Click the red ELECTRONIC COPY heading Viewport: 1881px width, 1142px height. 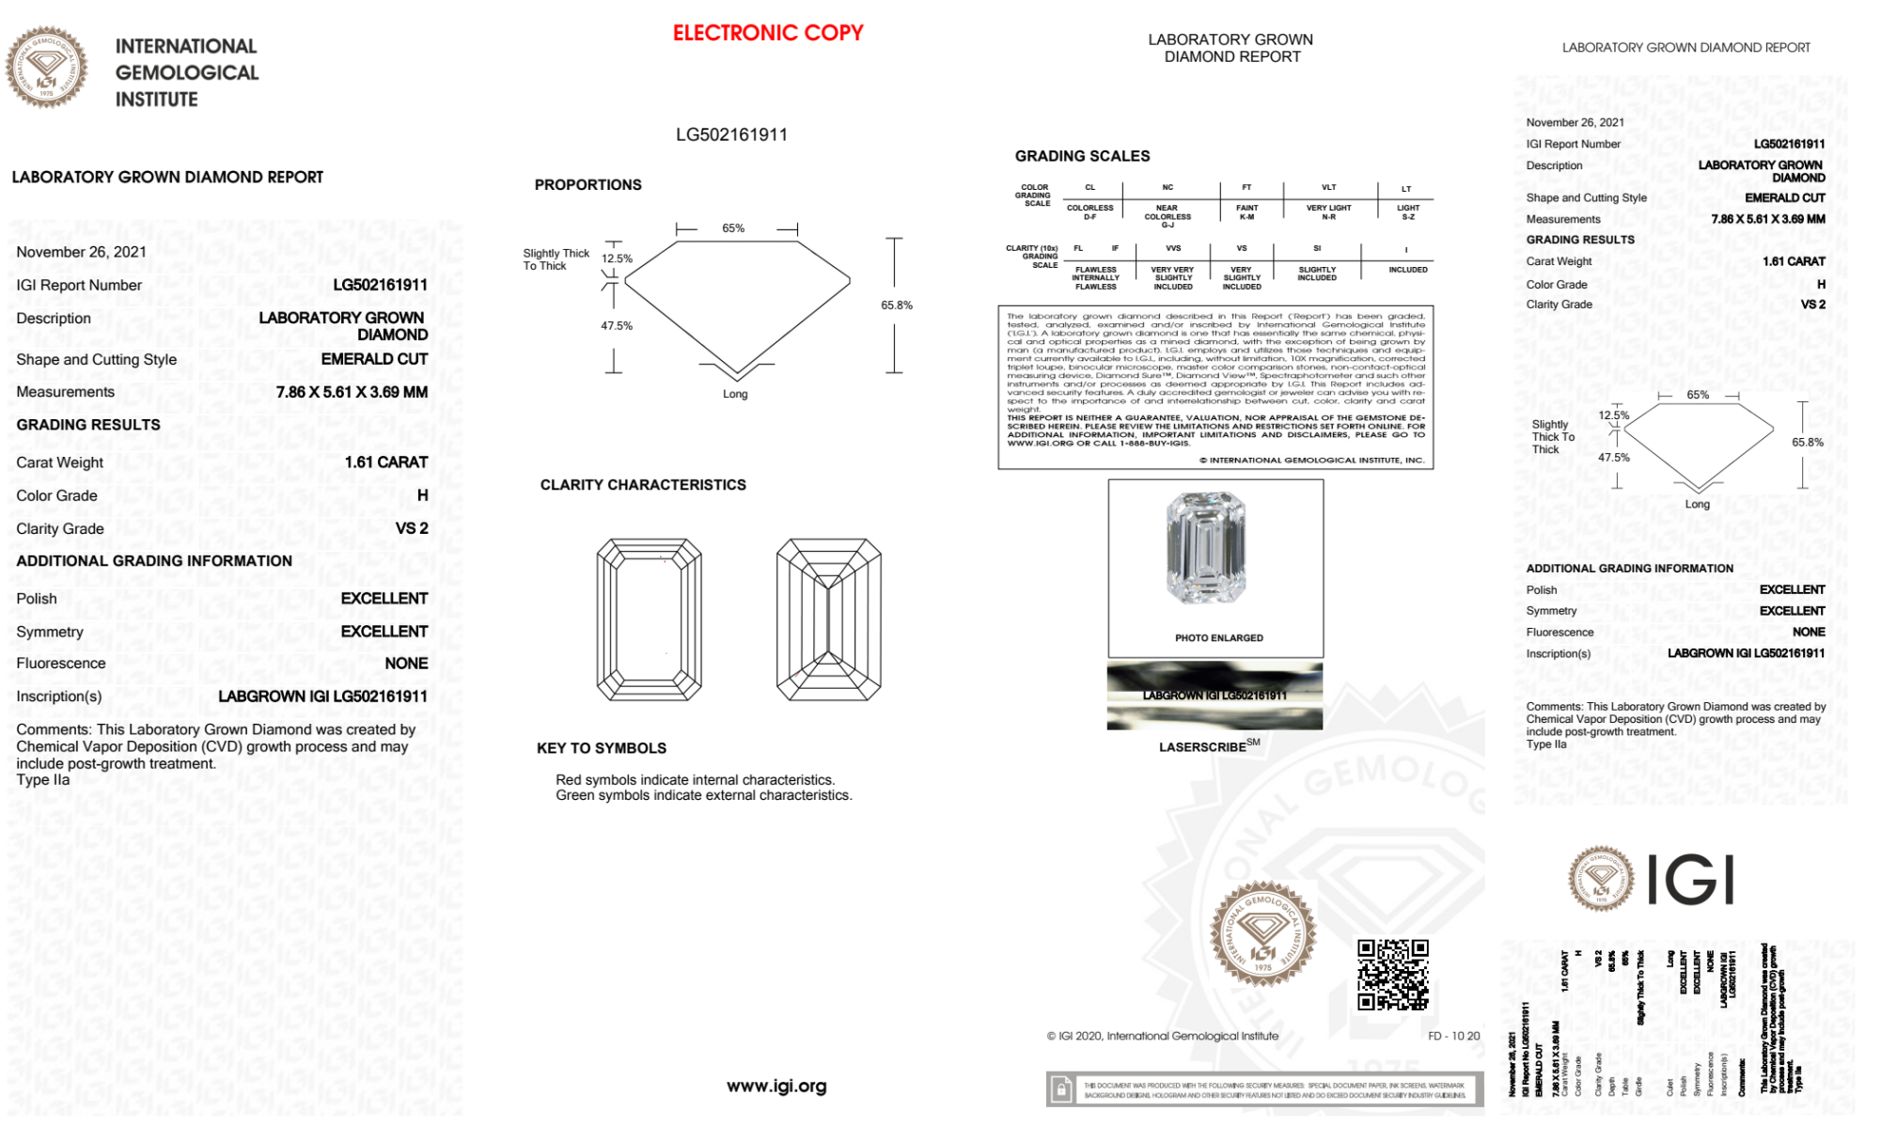768,33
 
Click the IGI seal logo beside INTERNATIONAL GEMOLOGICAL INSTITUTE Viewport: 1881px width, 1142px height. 46,68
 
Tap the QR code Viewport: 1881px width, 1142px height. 1392,974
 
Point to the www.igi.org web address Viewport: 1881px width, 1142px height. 776,1086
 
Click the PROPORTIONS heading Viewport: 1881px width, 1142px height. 588,185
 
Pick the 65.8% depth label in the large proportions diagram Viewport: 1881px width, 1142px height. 896,305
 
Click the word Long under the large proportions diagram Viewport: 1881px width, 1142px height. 735,395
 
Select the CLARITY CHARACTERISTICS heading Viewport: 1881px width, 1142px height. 643,485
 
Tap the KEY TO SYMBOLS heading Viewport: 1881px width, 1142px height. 602,748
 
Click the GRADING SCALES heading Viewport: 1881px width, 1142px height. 1082,156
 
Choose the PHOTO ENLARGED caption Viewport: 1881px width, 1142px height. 1218,638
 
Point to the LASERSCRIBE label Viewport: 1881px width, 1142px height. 1203,747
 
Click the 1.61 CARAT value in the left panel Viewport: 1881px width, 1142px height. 385,462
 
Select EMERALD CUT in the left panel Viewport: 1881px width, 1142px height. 374,359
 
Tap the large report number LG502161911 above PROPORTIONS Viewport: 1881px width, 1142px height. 731,134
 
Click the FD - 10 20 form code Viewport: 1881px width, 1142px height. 1453,1036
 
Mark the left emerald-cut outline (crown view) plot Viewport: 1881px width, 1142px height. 649,619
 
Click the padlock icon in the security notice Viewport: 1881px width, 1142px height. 1061,1089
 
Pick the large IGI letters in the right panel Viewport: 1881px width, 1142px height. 1691,881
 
